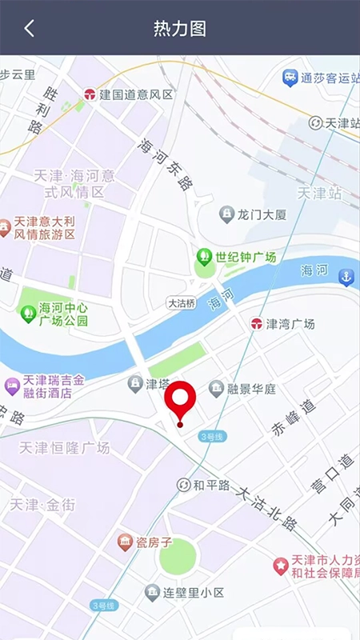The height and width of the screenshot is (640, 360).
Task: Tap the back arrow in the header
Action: click(30, 28)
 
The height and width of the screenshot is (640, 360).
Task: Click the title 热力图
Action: click(180, 28)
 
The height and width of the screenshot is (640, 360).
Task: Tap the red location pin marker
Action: click(180, 400)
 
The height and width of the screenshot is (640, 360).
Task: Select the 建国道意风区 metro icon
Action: click(90, 94)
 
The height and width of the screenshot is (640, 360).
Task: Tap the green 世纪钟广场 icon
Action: click(204, 258)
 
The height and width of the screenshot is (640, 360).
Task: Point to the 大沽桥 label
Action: click(181, 303)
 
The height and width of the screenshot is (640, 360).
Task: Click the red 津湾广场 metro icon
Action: click(256, 324)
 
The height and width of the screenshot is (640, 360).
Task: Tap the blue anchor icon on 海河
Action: click(346, 278)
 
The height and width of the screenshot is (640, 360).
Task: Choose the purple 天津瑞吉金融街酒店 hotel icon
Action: click(12, 386)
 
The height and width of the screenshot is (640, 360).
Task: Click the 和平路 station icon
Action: click(184, 485)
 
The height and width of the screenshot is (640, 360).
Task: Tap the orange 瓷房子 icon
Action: click(126, 542)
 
